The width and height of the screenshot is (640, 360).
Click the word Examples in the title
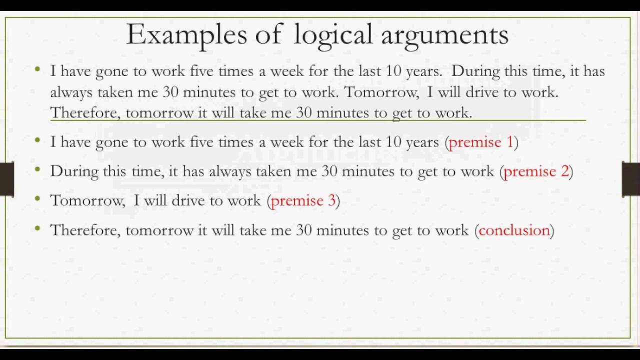tap(186, 35)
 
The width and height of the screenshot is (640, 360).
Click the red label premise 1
tap(481, 142)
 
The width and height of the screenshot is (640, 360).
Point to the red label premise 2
tap(536, 171)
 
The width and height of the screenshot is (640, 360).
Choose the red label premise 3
tap(303, 201)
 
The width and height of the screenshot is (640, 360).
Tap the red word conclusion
tap(514, 230)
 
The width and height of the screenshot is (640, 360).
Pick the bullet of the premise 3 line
tap(37, 199)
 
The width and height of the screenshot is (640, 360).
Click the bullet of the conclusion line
tap(37, 228)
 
